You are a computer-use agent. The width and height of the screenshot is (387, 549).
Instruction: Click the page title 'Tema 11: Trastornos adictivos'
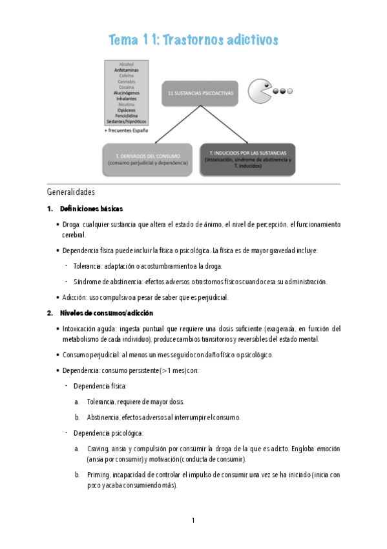[x=194, y=40]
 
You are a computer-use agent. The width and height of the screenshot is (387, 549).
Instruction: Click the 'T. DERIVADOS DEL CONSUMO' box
[x=147, y=160]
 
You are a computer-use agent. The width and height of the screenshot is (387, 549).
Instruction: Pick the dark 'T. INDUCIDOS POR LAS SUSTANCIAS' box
[x=247, y=159]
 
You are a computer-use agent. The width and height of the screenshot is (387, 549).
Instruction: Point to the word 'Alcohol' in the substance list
[x=126, y=65]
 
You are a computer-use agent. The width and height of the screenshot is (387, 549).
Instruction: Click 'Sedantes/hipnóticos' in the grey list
[x=126, y=122]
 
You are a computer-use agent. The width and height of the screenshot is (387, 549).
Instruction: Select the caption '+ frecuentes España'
[x=126, y=131]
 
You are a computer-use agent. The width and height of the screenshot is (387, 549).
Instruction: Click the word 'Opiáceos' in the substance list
[x=126, y=110]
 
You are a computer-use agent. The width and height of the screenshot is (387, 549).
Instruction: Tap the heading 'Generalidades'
[x=70, y=192]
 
